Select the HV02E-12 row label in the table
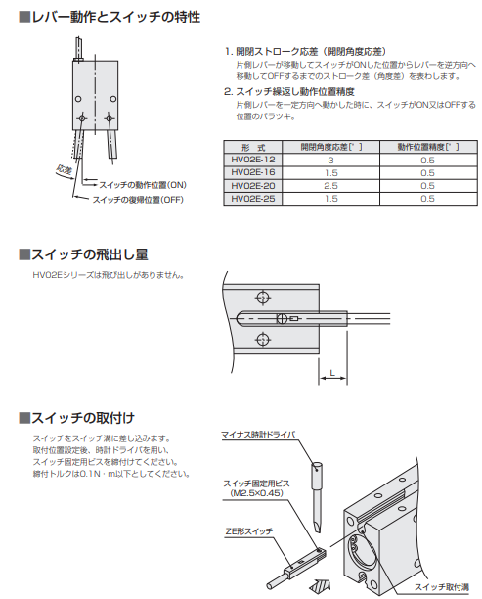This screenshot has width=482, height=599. [x=252, y=160]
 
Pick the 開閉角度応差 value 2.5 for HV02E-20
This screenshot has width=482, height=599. [x=330, y=186]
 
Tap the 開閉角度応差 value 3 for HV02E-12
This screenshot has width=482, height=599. [x=330, y=161]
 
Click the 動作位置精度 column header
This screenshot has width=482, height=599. [x=428, y=147]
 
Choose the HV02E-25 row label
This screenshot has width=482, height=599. [x=252, y=199]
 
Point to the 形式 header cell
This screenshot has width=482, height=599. [x=253, y=148]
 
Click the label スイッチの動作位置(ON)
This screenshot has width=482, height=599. [x=143, y=185]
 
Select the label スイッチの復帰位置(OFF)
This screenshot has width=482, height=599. [x=138, y=200]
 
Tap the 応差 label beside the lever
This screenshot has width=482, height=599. [x=64, y=170]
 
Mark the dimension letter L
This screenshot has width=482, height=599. [x=332, y=373]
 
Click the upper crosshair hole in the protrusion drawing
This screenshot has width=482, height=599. [x=263, y=298]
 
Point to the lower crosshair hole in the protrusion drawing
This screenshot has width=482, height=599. [x=263, y=340]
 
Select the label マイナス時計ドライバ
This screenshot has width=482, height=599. [x=259, y=435]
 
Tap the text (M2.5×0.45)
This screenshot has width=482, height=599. [x=257, y=493]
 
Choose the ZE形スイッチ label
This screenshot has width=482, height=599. [x=249, y=531]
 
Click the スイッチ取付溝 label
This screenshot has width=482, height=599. [x=442, y=587]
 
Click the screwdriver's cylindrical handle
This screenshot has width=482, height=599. [x=318, y=476]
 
